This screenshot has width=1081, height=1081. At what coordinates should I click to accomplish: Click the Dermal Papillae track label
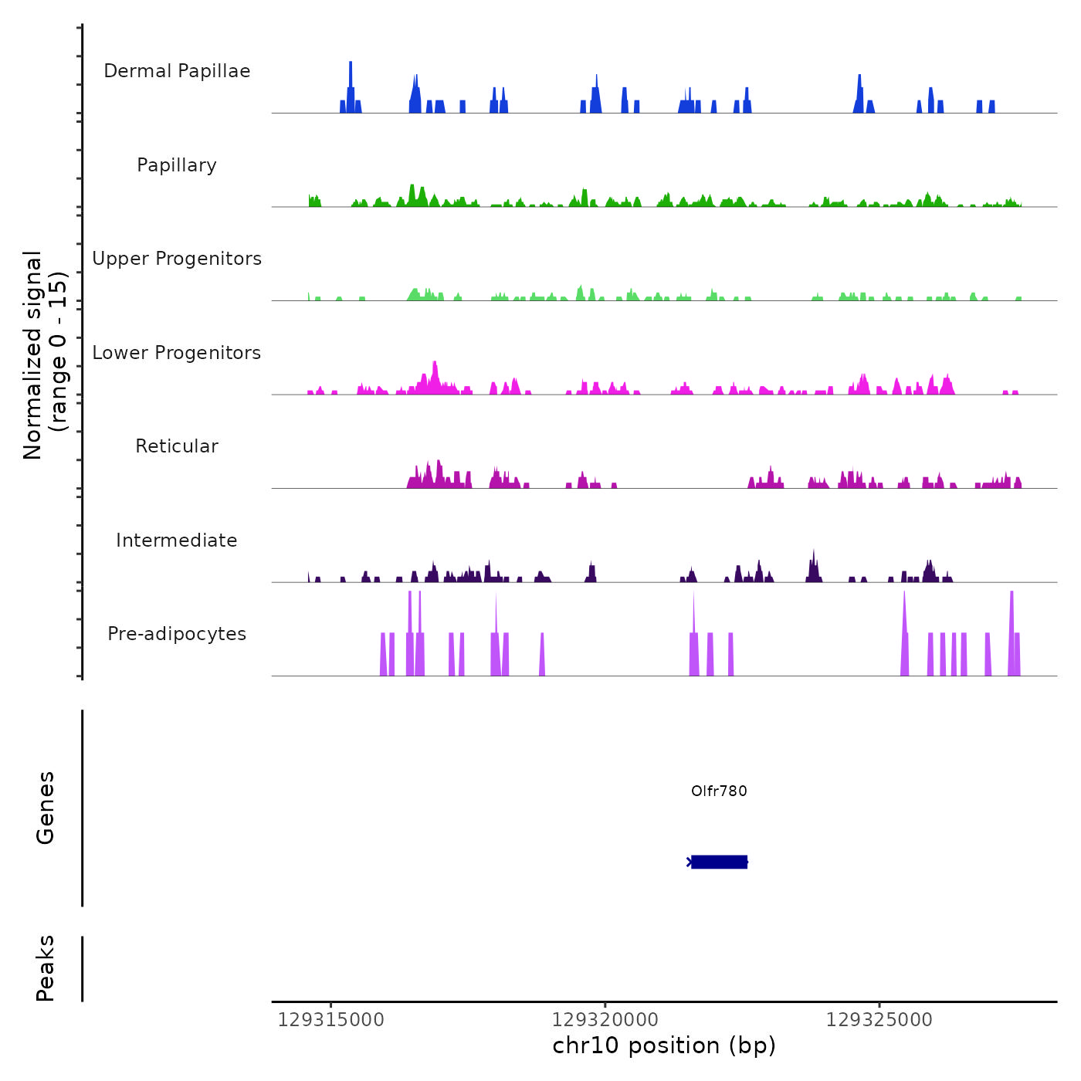click(177, 71)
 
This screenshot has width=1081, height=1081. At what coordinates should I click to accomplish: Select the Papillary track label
click(177, 165)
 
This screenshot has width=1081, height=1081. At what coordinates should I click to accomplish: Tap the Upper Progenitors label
click(177, 259)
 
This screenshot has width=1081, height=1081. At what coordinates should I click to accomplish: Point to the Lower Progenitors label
click(177, 353)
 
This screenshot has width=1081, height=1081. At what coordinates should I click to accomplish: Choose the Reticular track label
click(177, 446)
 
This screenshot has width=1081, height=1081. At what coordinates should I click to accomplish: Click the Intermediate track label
click(177, 540)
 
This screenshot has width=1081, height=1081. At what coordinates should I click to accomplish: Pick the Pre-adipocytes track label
click(177, 634)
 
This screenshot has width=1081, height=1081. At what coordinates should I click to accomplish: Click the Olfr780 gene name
click(719, 791)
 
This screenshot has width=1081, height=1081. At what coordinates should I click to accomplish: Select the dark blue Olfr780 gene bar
click(719, 862)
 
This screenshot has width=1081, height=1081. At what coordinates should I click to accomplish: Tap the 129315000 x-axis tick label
click(330, 1020)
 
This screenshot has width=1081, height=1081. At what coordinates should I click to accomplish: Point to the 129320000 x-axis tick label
click(605, 1020)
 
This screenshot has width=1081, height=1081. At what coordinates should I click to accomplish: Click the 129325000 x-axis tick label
click(879, 1020)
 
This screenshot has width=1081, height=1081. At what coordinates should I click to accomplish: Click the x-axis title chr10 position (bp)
click(664, 1046)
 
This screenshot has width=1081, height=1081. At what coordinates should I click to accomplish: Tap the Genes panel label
click(46, 808)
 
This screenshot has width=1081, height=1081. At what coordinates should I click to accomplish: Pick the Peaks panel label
click(46, 968)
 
